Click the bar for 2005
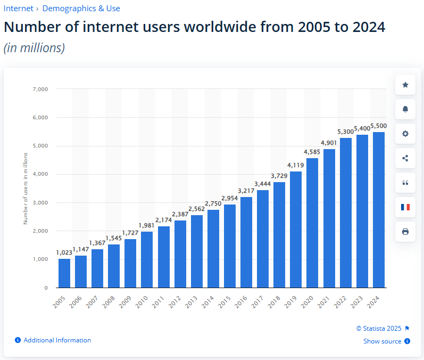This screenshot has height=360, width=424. [x=64, y=273]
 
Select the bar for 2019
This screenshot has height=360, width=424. [x=296, y=230]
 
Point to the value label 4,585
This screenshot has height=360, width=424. [x=312, y=152]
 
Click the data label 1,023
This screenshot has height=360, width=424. [x=64, y=252]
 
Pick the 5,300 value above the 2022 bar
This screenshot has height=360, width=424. [x=345, y=132]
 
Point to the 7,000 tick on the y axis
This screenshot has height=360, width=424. [x=40, y=89]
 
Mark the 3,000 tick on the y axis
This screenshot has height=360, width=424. [x=40, y=203]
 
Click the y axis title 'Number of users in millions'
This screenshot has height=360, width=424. [x=25, y=188]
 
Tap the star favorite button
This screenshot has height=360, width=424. [x=405, y=85]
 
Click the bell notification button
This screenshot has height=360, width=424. [x=405, y=109]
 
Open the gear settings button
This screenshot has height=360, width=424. [x=405, y=134]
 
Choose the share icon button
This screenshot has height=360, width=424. [x=405, y=158]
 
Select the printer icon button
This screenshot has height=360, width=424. [x=405, y=232]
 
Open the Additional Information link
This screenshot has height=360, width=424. [x=57, y=340]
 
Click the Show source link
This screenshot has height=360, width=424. [x=382, y=341]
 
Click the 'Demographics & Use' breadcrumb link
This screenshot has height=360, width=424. [x=81, y=9]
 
